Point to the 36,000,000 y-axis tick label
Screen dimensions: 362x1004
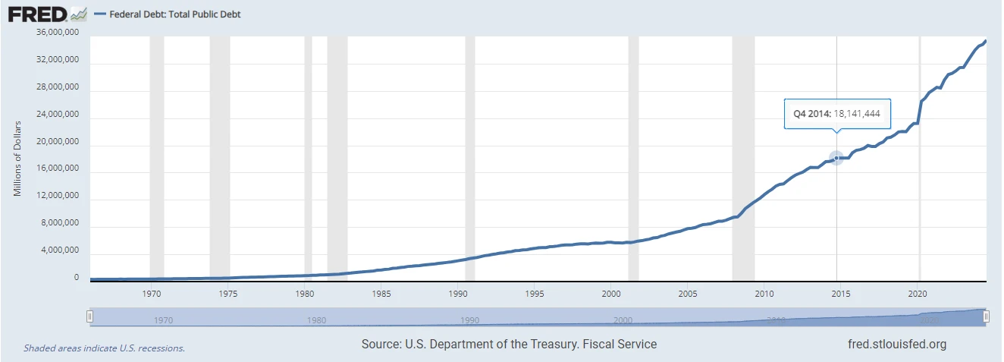(x=58, y=33)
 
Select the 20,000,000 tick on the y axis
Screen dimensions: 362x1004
(x=58, y=142)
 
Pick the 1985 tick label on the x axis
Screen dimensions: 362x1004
(x=381, y=293)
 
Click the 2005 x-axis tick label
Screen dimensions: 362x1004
(x=688, y=293)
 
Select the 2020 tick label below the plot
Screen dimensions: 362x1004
(x=918, y=293)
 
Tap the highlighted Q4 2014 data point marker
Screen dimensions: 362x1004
(x=836, y=158)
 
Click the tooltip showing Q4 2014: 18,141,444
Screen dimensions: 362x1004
(x=837, y=113)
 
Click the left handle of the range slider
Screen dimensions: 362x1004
(x=89, y=317)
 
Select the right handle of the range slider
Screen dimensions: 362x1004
(x=987, y=317)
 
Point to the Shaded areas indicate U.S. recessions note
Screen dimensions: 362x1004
(x=104, y=348)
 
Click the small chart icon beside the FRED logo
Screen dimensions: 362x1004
(x=78, y=14)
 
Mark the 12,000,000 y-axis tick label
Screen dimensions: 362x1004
(x=58, y=196)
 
